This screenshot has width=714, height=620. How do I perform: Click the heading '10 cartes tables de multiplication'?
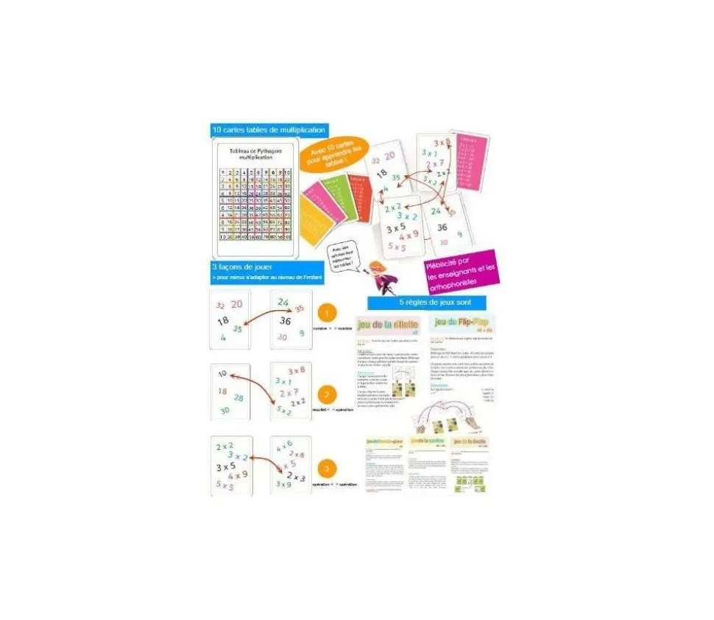pyautogui.click(x=269, y=130)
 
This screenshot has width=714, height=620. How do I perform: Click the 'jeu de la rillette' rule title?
pyautogui.click(x=387, y=324)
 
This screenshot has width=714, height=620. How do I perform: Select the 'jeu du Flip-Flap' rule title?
pyautogui.click(x=461, y=324)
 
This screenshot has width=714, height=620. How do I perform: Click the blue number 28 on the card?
pyautogui.click(x=238, y=398)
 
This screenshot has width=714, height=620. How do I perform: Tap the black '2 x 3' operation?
pyautogui.click(x=296, y=477)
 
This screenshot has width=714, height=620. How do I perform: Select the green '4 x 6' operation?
pyautogui.click(x=285, y=444)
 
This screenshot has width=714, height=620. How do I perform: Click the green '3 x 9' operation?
pyautogui.click(x=283, y=485)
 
